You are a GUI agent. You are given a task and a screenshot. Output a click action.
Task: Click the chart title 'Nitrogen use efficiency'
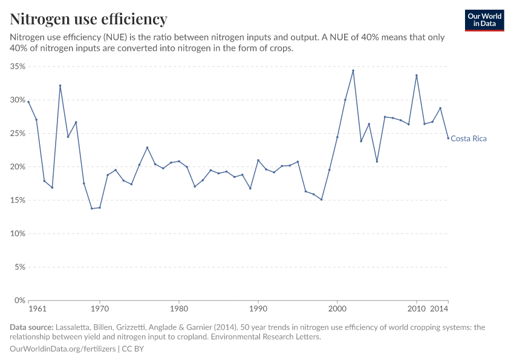tap(88, 19)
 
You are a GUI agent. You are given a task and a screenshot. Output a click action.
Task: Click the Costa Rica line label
tap(469, 139)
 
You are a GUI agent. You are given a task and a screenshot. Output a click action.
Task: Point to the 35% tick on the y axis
tap(17, 67)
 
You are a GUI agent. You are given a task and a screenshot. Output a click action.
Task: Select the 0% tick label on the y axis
tap(19, 300)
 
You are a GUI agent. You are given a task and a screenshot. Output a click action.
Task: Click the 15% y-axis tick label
tap(17, 200)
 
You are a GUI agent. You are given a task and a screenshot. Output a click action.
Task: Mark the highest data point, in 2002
tap(353, 71)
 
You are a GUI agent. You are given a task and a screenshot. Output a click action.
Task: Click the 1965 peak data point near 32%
tap(60, 86)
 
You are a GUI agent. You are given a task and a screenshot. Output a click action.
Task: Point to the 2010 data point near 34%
tap(417, 76)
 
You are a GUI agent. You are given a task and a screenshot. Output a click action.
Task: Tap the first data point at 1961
tap(28, 102)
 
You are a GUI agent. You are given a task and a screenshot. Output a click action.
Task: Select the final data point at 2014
tap(448, 138)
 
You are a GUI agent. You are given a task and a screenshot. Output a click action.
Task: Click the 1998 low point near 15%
tap(321, 200)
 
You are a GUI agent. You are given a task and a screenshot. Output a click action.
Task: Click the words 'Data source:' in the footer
tap(31, 327)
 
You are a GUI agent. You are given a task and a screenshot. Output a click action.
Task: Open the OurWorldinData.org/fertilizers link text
tap(63, 349)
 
